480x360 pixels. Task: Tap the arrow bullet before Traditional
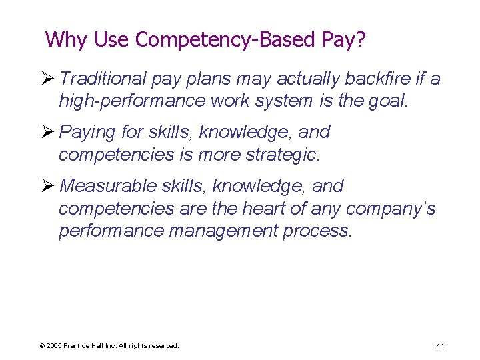(x=48, y=79)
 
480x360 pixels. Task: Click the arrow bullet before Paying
(x=48, y=132)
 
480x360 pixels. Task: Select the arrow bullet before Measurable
(x=48, y=186)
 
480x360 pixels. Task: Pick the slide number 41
(x=440, y=346)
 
